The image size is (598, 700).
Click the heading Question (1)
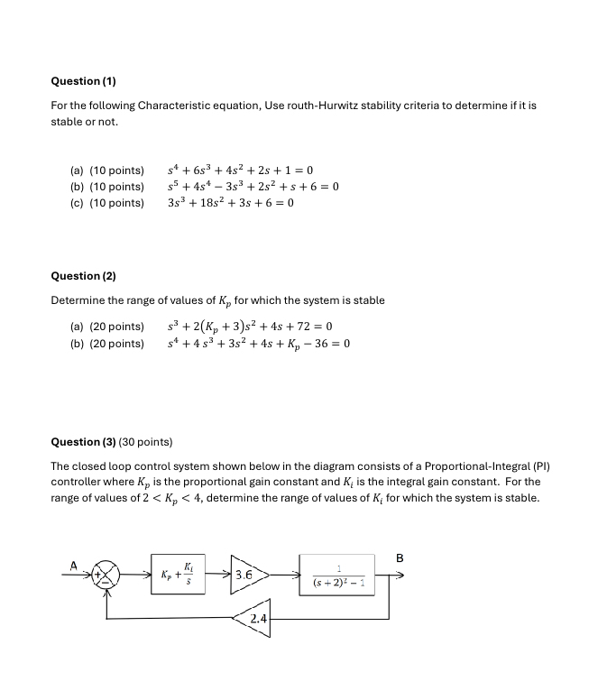[x=84, y=81]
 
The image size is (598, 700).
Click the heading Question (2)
[x=84, y=276]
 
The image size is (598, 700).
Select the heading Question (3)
[x=84, y=442]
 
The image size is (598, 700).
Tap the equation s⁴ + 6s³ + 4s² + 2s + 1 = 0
[x=240, y=170]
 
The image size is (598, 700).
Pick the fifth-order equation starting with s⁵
[x=253, y=187]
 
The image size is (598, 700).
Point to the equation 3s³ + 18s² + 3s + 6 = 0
[x=230, y=203]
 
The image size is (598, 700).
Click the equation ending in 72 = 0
[x=250, y=327]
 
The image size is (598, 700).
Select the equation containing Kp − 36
[x=258, y=344]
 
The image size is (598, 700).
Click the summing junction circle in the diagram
[x=108, y=574]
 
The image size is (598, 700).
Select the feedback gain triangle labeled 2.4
[x=253, y=619]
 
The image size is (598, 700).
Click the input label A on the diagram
[x=74, y=566]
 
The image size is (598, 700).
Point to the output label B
[x=398, y=557]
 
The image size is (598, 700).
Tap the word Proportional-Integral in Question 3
[x=486, y=466]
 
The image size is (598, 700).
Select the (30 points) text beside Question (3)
[x=145, y=442]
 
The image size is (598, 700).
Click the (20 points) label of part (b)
[x=116, y=344]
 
